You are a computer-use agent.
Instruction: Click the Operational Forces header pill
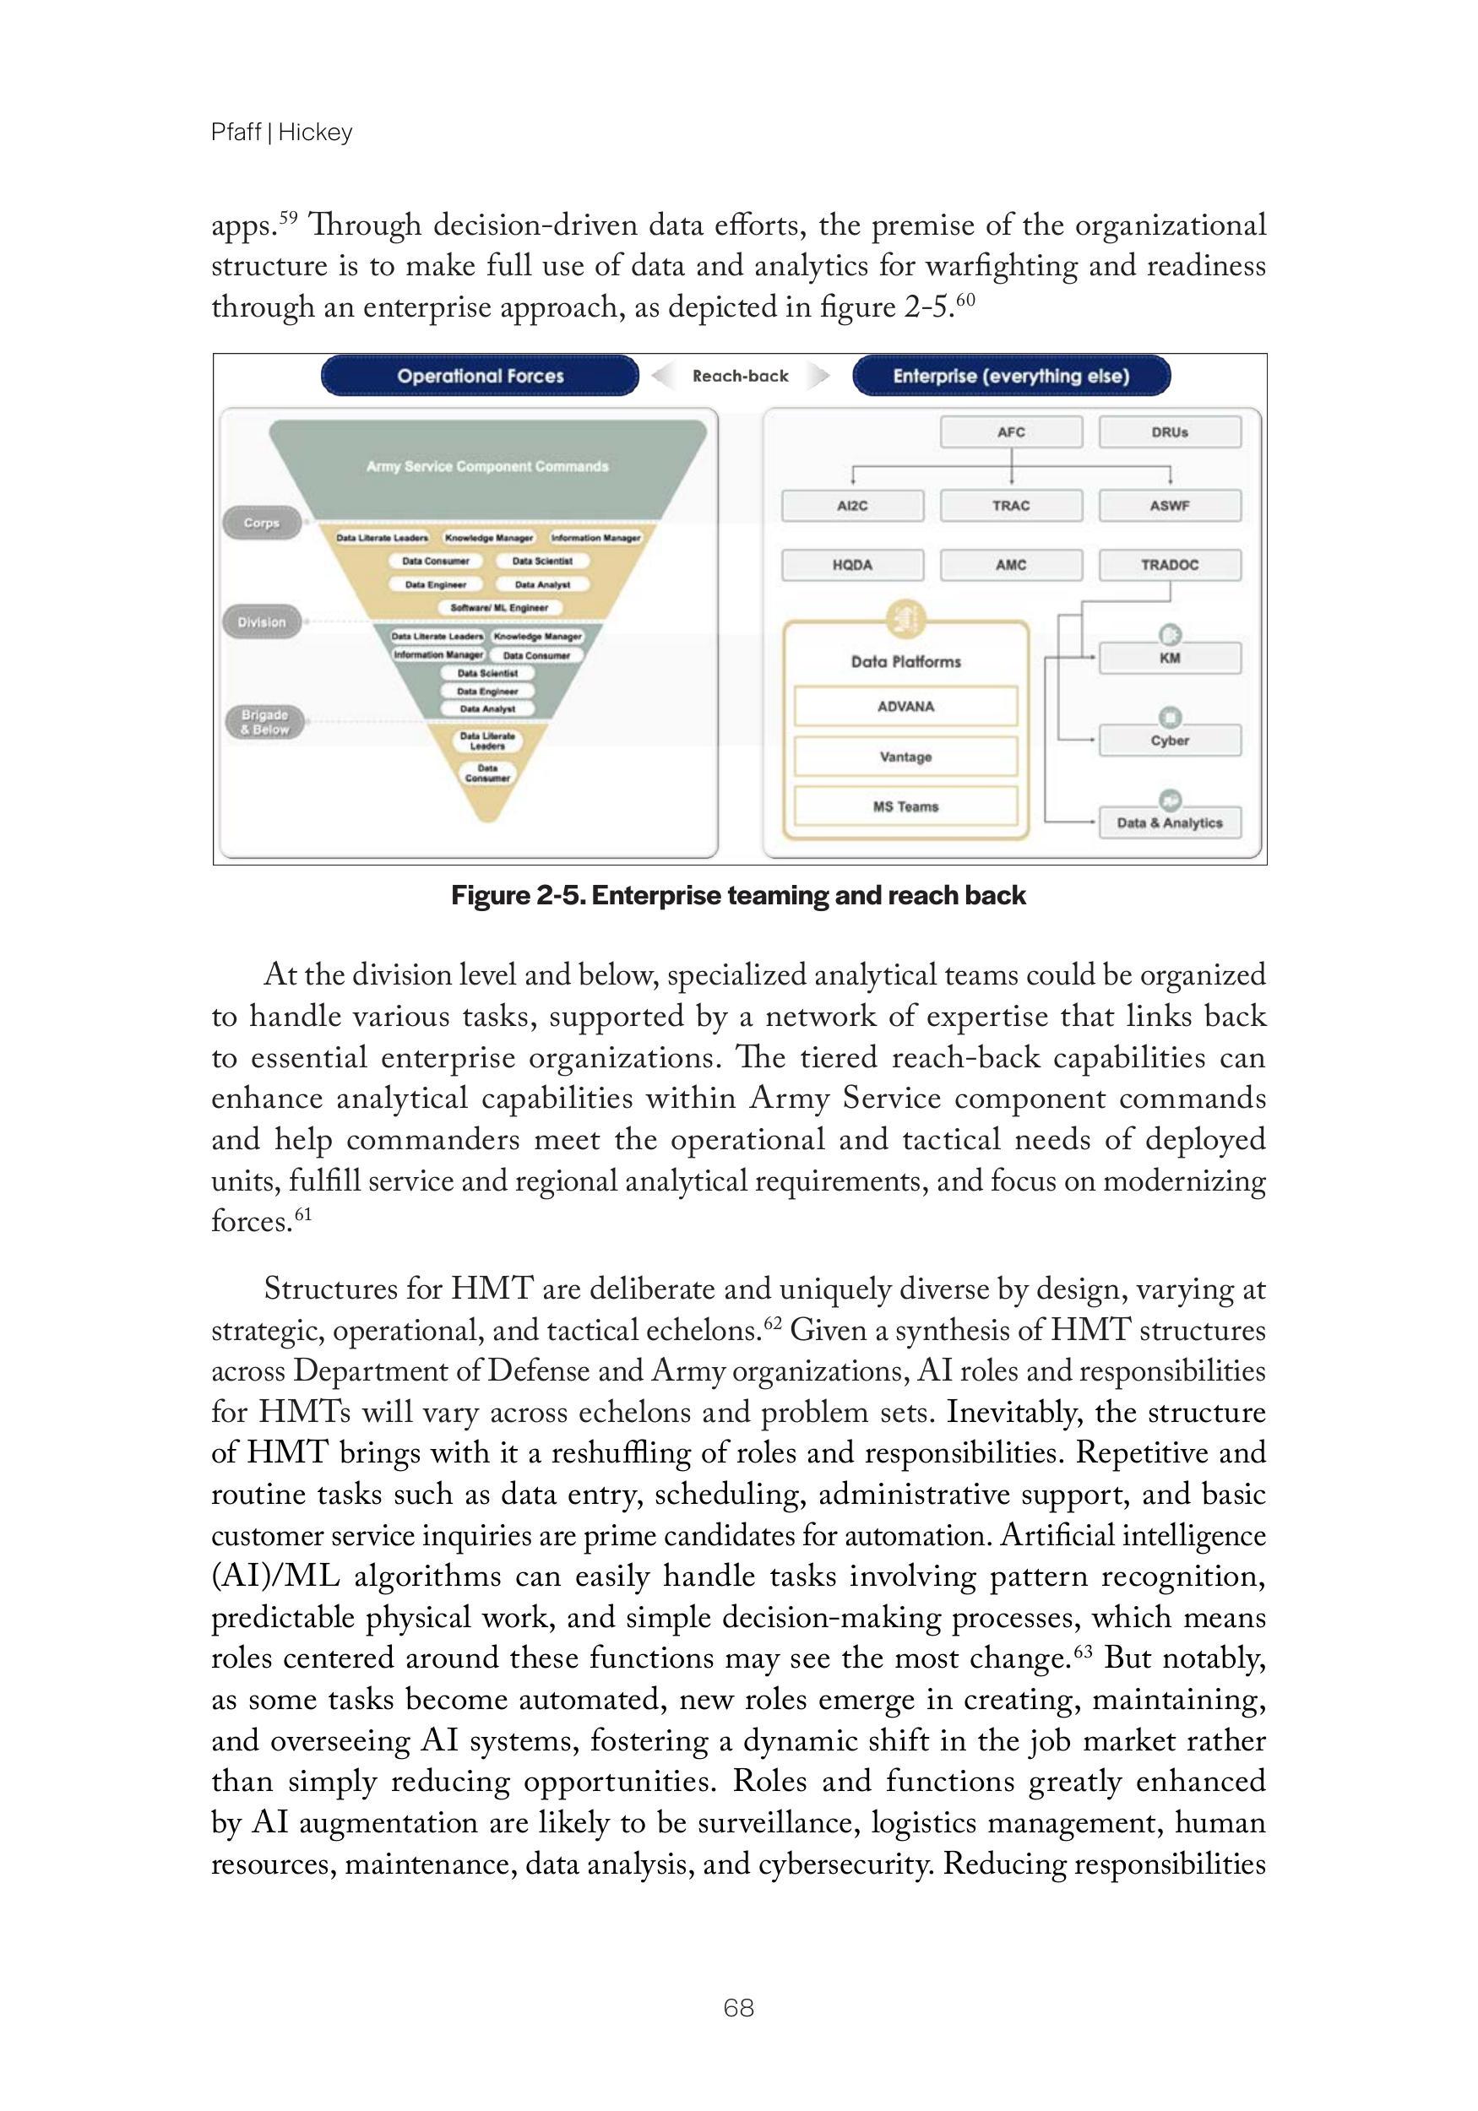[479, 376]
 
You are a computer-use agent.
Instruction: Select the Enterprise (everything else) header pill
[1011, 376]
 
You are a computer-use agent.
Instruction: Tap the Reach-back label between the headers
[740, 376]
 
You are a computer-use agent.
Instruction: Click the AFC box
[1011, 432]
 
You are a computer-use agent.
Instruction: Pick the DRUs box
[1169, 432]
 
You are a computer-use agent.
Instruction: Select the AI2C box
[851, 506]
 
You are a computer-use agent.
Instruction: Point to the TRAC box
[1011, 506]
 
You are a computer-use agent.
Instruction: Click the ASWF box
[1169, 506]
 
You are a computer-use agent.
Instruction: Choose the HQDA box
[851, 566]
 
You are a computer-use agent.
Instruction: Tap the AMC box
[1011, 566]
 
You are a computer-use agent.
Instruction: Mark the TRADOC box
[1169, 566]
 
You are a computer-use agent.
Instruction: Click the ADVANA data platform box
[905, 706]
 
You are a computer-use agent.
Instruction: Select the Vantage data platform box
[905, 757]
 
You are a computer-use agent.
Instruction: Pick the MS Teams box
[905, 806]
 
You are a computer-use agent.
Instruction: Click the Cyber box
[1169, 741]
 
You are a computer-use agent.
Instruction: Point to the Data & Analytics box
[1169, 823]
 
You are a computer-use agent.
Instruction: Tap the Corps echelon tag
[261, 524]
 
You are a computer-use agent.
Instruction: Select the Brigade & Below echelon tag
[264, 722]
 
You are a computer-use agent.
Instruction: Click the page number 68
[738, 2008]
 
